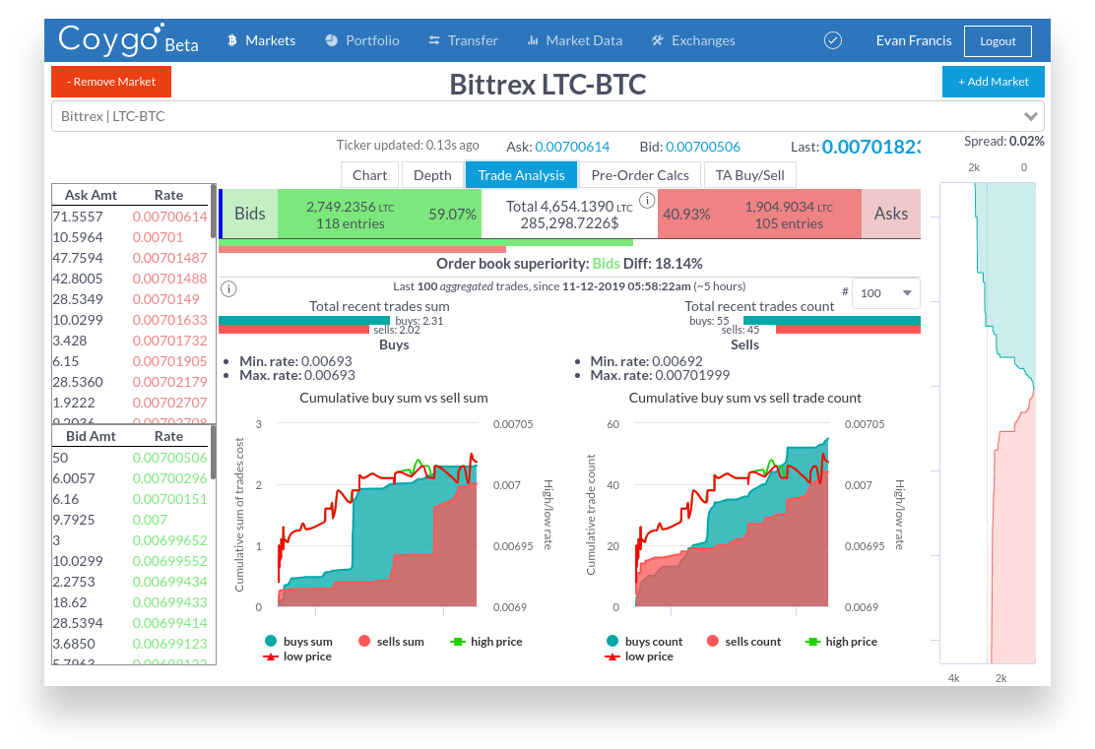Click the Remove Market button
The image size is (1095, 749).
click(x=111, y=82)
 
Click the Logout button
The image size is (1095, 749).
click(x=998, y=41)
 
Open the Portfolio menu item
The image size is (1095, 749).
click(x=361, y=40)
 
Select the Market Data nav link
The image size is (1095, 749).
click(x=574, y=40)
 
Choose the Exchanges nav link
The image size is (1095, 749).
click(x=693, y=40)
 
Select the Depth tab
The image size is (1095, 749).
click(x=432, y=175)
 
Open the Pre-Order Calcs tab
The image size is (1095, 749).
click(x=640, y=175)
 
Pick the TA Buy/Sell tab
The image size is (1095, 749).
click(x=750, y=175)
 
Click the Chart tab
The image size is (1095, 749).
click(x=370, y=175)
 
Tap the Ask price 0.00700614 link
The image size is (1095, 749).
click(x=572, y=147)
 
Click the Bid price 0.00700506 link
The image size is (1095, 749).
click(x=703, y=147)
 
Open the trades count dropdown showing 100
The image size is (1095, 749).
click(x=885, y=293)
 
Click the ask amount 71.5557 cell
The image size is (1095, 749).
click(x=78, y=217)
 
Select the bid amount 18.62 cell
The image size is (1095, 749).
click(x=70, y=602)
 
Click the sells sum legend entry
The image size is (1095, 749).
click(x=391, y=642)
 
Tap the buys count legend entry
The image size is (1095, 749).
click(x=645, y=642)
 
